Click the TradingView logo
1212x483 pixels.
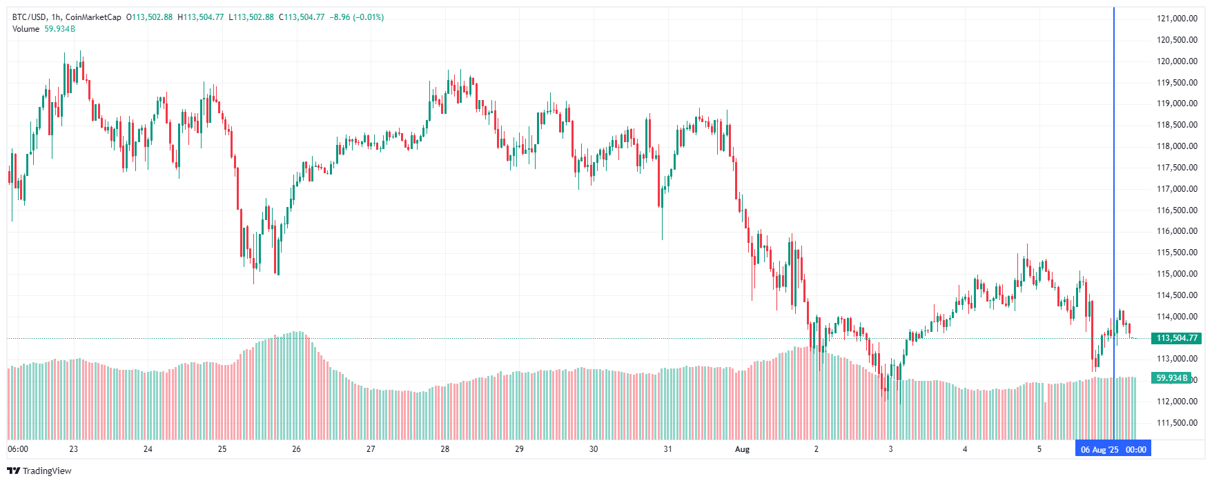pyautogui.click(x=39, y=471)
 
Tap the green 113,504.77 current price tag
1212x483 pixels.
pyautogui.click(x=1177, y=338)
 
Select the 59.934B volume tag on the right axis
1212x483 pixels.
pyautogui.click(x=1171, y=378)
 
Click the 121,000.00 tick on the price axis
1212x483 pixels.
pyautogui.click(x=1177, y=19)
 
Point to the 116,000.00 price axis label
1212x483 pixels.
pyautogui.click(x=1177, y=231)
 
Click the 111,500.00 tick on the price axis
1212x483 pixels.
pyautogui.click(x=1177, y=423)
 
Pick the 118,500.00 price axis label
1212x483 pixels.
pyautogui.click(x=1177, y=125)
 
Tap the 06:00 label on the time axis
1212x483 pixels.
pyautogui.click(x=18, y=449)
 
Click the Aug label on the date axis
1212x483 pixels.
pyautogui.click(x=742, y=449)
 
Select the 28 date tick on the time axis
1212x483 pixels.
pyautogui.click(x=445, y=449)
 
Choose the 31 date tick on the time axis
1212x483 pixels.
pyautogui.click(x=667, y=449)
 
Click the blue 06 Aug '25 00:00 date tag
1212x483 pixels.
pyautogui.click(x=1113, y=450)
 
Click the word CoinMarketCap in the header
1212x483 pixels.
pyautogui.click(x=93, y=17)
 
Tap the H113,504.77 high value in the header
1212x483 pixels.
pyautogui.click(x=201, y=17)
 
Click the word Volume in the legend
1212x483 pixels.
pyautogui.click(x=26, y=29)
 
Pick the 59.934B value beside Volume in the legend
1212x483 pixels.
pyautogui.click(x=60, y=29)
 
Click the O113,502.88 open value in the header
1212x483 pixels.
pyautogui.click(x=149, y=17)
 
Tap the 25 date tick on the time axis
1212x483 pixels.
pyautogui.click(x=222, y=449)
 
